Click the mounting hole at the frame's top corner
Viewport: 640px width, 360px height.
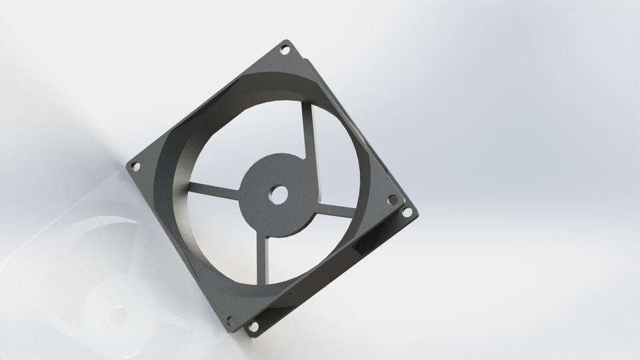(x=285, y=49)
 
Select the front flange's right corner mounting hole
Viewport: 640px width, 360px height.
(x=392, y=199)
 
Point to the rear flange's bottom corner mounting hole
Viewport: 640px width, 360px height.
(x=253, y=327)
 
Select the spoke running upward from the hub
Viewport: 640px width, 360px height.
(x=306, y=127)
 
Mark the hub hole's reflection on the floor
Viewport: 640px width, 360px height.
(x=120, y=311)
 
